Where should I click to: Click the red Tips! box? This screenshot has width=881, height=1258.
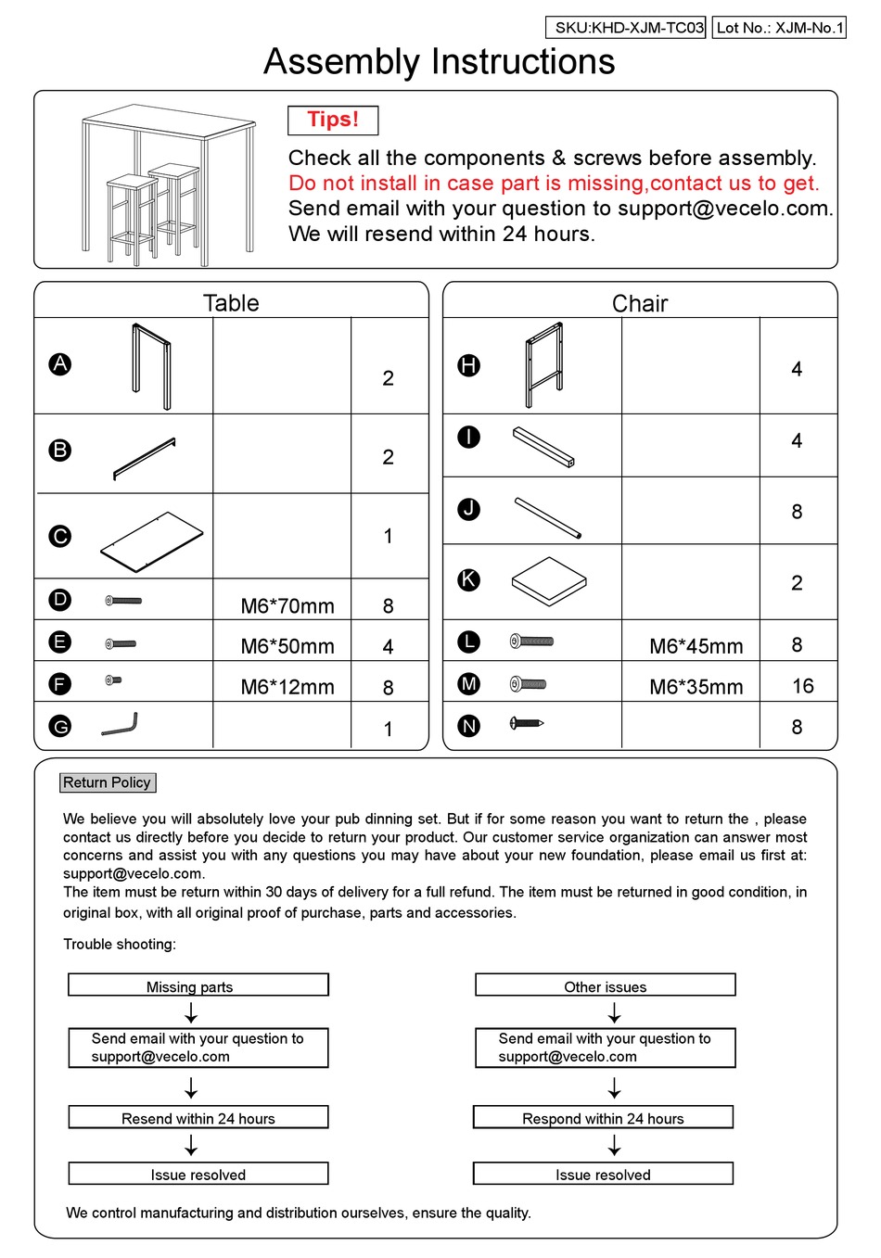click(333, 121)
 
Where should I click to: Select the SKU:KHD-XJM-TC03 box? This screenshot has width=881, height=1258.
click(626, 28)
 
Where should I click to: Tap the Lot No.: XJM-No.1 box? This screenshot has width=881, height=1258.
click(779, 28)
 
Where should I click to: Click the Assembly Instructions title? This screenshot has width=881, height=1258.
click(439, 62)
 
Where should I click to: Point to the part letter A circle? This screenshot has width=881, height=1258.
click(60, 364)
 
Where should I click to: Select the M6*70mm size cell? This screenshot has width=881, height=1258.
click(287, 606)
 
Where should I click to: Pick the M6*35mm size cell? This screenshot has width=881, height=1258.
click(696, 687)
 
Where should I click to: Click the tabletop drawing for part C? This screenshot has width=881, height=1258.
click(151, 541)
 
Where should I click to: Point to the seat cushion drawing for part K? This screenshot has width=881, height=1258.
click(549, 581)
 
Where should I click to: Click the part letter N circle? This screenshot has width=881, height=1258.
click(469, 726)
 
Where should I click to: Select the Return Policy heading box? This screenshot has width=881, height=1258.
click(108, 782)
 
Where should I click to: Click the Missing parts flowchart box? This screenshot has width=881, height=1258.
click(198, 985)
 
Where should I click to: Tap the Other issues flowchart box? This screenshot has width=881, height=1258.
click(606, 985)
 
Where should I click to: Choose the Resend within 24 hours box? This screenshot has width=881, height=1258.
click(198, 1118)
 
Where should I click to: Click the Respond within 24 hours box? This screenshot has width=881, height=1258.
click(603, 1118)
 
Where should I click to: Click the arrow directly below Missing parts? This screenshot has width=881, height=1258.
click(191, 1012)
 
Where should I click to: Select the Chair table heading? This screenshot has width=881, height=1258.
click(640, 303)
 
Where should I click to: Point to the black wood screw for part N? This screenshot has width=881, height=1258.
click(526, 723)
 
